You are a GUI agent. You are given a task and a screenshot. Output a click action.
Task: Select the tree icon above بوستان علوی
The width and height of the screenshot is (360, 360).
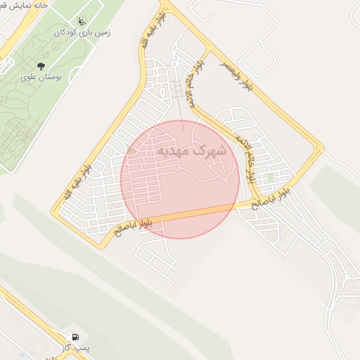tap(30, 65)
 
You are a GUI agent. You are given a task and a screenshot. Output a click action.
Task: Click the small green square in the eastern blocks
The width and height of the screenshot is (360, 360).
tap(270, 178)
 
